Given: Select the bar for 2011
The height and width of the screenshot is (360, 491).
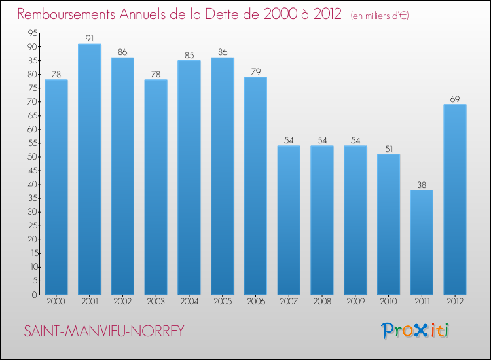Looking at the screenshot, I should pos(422,242).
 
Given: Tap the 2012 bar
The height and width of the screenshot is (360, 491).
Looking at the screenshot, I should pos(455,200).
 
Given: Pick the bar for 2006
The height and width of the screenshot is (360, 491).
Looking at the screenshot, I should pos(255,186).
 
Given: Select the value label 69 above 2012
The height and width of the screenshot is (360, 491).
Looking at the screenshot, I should pos(455,99).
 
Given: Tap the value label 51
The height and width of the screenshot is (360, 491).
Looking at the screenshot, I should pos(388,149).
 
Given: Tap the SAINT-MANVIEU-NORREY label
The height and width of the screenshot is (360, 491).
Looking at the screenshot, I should pos(104,331).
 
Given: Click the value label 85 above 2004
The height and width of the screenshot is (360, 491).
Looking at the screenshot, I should pos(189,56).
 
